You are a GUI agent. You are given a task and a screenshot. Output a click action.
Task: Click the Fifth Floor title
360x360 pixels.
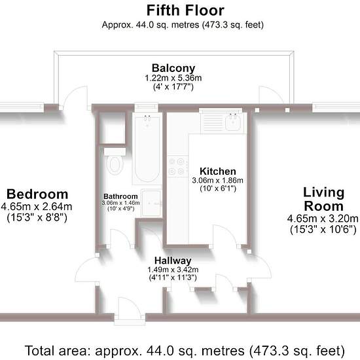(x=185, y=10)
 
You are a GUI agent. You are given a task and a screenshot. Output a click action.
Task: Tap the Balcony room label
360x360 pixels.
(x=173, y=68)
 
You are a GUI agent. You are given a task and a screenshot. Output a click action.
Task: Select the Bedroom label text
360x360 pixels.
(x=37, y=194)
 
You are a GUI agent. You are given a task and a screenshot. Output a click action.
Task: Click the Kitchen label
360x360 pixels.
(x=218, y=171)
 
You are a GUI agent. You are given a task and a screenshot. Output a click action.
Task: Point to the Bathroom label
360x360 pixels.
(x=120, y=196)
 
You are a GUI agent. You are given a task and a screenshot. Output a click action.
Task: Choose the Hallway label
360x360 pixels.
(x=173, y=261)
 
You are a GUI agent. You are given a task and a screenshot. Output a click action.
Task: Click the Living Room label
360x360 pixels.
(x=324, y=199)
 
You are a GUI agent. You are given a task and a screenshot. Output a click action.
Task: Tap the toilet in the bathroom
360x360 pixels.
(x=115, y=162)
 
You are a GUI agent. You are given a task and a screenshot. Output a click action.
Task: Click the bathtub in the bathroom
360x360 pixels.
(x=147, y=148)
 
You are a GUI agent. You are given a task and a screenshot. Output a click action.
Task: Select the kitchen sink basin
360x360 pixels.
(x=232, y=122)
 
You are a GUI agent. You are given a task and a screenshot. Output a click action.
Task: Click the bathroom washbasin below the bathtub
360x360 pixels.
(x=151, y=203)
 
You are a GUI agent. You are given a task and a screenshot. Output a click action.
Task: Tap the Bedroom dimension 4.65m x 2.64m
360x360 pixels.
(x=37, y=207)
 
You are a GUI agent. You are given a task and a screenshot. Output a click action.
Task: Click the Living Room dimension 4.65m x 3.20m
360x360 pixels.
(x=323, y=219)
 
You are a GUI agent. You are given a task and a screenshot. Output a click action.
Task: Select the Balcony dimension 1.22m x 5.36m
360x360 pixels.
(x=173, y=78)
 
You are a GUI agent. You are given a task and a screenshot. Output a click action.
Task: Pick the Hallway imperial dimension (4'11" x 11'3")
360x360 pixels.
(x=173, y=278)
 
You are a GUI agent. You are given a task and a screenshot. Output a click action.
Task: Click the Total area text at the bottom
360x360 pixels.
(x=185, y=351)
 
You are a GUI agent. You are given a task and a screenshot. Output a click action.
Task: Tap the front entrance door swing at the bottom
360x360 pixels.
(x=130, y=308)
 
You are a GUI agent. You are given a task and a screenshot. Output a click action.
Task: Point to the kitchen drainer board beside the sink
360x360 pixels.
(x=212, y=122)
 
